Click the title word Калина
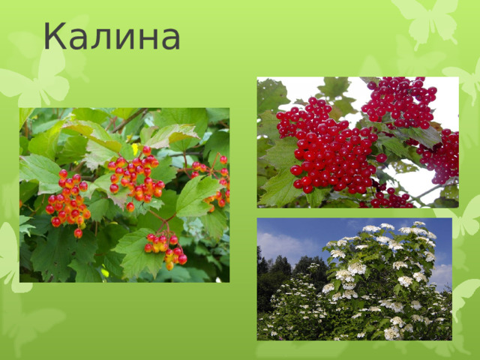click(112, 37)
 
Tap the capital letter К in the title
click(57, 37)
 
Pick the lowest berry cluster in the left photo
click(166, 249)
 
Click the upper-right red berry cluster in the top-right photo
click(399, 100)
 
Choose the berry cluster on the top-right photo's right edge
click(442, 156)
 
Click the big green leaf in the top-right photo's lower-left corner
click(279, 187)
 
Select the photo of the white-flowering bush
click(355, 279)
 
